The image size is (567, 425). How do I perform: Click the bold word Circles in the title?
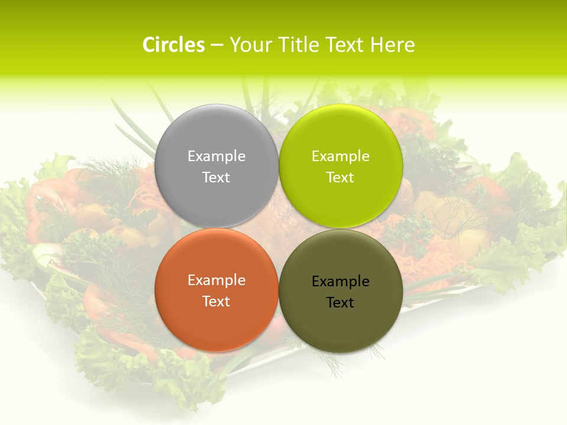coord(174,45)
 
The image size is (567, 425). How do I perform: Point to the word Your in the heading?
coord(249,45)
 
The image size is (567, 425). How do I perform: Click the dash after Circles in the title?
coord(217,45)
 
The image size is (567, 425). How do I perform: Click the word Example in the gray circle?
coord(216,156)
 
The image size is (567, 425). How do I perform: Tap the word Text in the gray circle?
coord(216,177)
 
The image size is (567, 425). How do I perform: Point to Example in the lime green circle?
coord(341,156)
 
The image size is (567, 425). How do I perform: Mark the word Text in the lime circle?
coord(341,177)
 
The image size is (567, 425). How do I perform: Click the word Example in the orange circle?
coord(216,280)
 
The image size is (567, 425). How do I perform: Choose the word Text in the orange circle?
coord(216,301)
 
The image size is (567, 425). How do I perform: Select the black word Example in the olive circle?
coord(341,281)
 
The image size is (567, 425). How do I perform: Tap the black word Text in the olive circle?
coord(341,302)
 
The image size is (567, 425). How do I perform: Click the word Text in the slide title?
coord(345,45)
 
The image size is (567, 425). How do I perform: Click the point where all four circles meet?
coord(279,228)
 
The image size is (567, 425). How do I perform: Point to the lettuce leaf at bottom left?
coord(106,360)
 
